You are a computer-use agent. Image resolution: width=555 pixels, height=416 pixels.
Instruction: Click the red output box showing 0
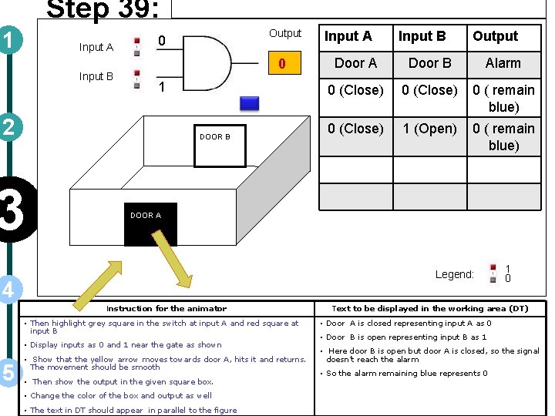pyautogui.click(x=282, y=64)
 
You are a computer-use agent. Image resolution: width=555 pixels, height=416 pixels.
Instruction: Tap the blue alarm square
pyautogui.click(x=249, y=102)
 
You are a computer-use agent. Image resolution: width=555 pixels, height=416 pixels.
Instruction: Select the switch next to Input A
pyautogui.click(x=136, y=45)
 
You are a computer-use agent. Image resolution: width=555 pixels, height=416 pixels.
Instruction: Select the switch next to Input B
pyautogui.click(x=136, y=79)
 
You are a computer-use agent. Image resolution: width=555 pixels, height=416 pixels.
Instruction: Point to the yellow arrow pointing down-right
pyautogui.click(x=181, y=270)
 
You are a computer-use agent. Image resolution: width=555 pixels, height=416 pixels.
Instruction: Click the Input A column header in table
pyautogui.click(x=348, y=36)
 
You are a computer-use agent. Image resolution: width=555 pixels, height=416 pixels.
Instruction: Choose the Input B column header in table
pyautogui.click(x=422, y=36)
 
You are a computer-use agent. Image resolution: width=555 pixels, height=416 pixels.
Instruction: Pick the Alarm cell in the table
pyautogui.click(x=503, y=63)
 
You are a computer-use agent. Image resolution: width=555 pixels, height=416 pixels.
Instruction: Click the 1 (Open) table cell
pyautogui.click(x=429, y=129)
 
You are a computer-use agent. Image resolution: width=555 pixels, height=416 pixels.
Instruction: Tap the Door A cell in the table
pyautogui.click(x=355, y=63)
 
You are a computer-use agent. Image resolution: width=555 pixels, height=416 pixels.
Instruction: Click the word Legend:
pyautogui.click(x=454, y=274)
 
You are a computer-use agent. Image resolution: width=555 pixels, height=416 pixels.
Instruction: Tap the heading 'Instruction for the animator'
pyautogui.click(x=166, y=308)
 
